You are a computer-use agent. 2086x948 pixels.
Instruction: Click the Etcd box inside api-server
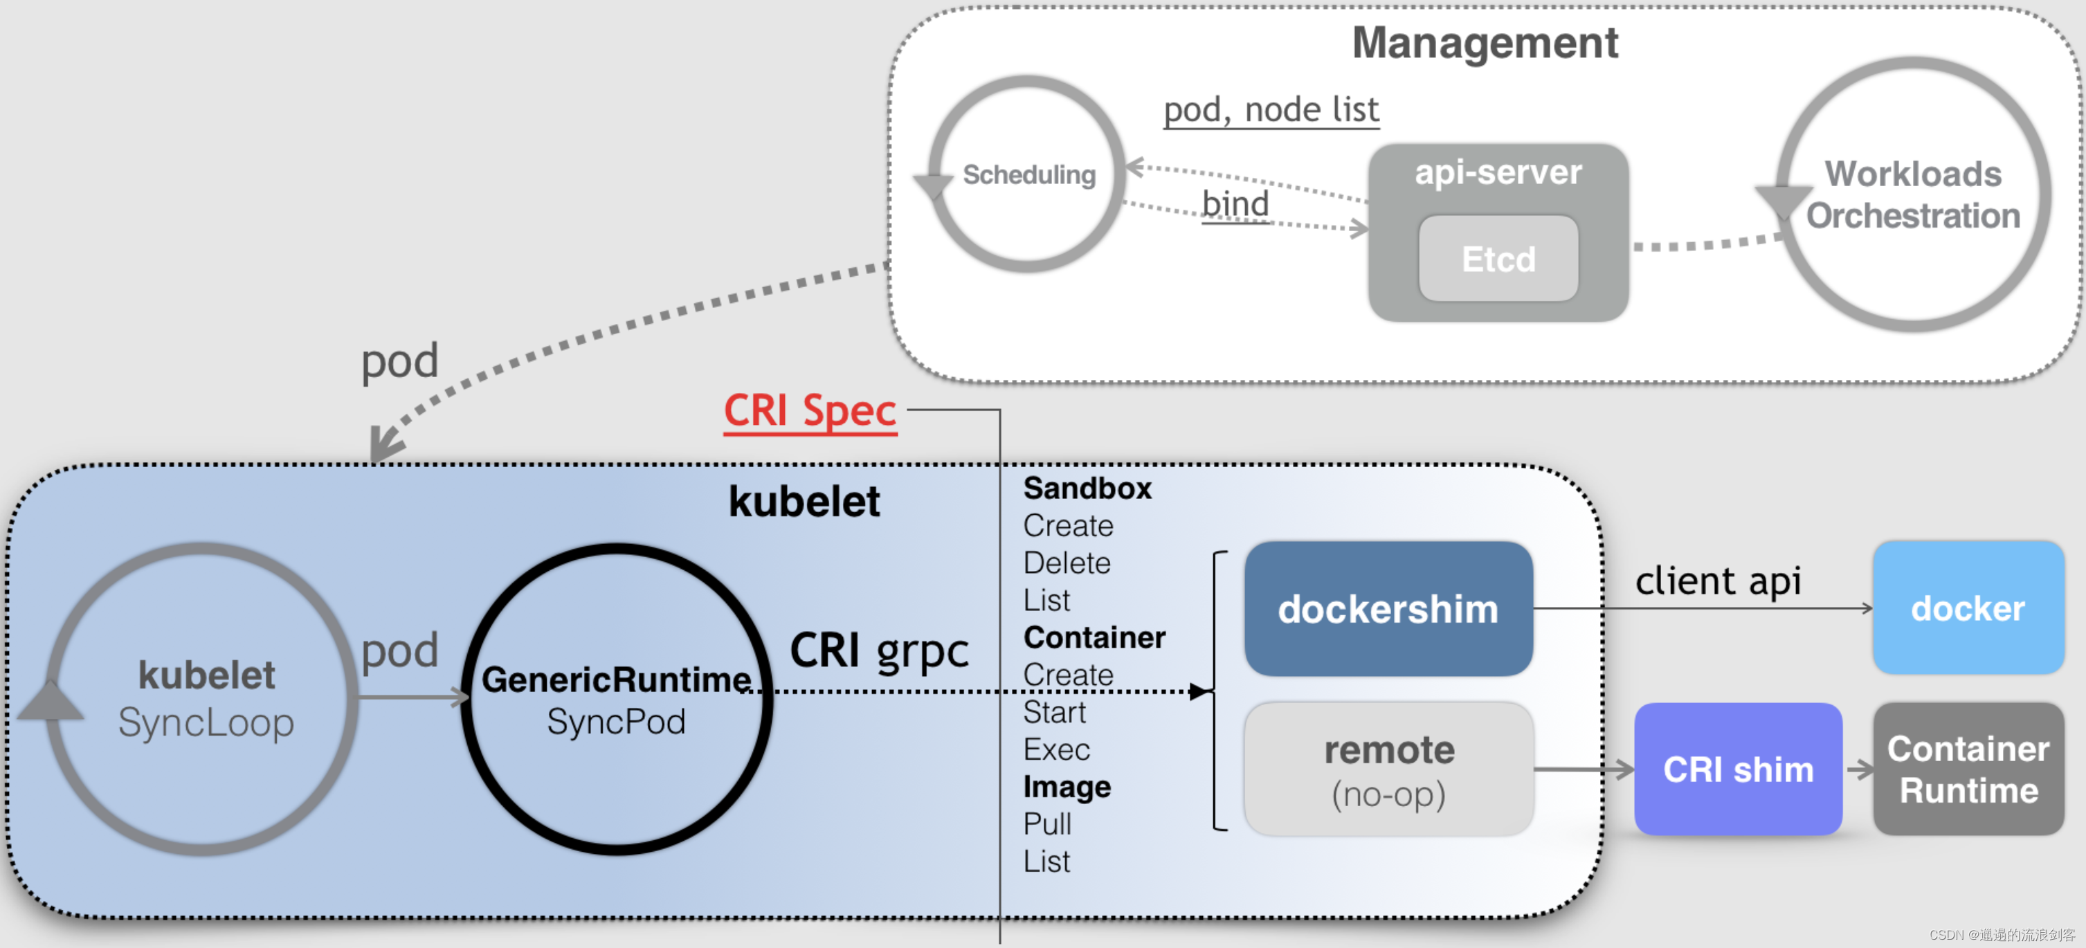point(1498,259)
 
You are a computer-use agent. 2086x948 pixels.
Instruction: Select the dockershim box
point(1388,609)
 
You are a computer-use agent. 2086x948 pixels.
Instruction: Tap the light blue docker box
point(1968,608)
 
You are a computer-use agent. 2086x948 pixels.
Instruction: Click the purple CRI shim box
point(1738,769)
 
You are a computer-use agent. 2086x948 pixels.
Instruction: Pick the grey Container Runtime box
point(1968,769)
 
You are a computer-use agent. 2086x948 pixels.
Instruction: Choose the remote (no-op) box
point(1388,769)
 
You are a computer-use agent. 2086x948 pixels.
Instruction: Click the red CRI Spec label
point(810,410)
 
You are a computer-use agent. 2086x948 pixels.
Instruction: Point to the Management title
point(1485,43)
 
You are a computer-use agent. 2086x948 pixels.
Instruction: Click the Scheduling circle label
point(1028,175)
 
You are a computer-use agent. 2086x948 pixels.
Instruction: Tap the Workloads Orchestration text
point(1913,195)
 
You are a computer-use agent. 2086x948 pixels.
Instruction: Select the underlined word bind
point(1235,204)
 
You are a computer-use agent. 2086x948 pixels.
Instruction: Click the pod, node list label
point(1271,110)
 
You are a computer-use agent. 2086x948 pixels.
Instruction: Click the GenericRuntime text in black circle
point(615,680)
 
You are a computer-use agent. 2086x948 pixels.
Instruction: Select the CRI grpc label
point(878,650)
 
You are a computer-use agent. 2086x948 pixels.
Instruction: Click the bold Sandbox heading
point(1087,488)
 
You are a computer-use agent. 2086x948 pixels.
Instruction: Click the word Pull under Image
point(1047,824)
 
